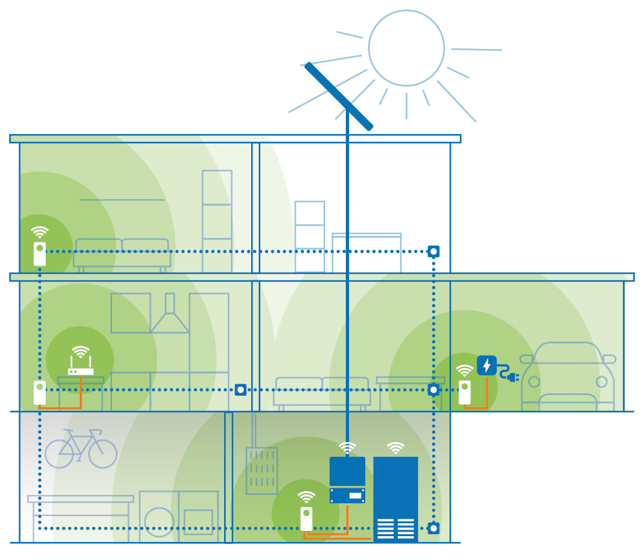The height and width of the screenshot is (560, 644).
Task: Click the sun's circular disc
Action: click(x=406, y=48)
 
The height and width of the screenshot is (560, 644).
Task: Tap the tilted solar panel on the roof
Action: click(x=339, y=96)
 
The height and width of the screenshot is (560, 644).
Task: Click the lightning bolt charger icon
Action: click(x=487, y=365)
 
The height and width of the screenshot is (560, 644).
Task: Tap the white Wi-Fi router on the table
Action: click(x=81, y=371)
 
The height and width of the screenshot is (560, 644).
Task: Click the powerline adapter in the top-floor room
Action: click(x=40, y=253)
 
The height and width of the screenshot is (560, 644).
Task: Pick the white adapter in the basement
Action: click(x=307, y=519)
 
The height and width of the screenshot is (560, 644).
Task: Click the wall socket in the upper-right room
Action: click(x=433, y=251)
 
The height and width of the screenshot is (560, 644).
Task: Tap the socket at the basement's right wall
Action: click(x=433, y=528)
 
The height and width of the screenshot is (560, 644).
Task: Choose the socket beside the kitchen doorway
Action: click(x=240, y=390)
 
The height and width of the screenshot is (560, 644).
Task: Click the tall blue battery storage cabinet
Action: click(x=395, y=499)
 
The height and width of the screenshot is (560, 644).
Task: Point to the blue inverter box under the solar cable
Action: click(x=347, y=480)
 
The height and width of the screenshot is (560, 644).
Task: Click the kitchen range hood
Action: click(x=170, y=316)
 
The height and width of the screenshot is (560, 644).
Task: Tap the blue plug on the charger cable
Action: click(x=513, y=377)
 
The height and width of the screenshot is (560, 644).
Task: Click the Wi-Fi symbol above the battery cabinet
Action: click(x=395, y=447)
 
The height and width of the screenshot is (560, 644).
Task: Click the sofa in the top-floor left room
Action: click(x=122, y=253)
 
